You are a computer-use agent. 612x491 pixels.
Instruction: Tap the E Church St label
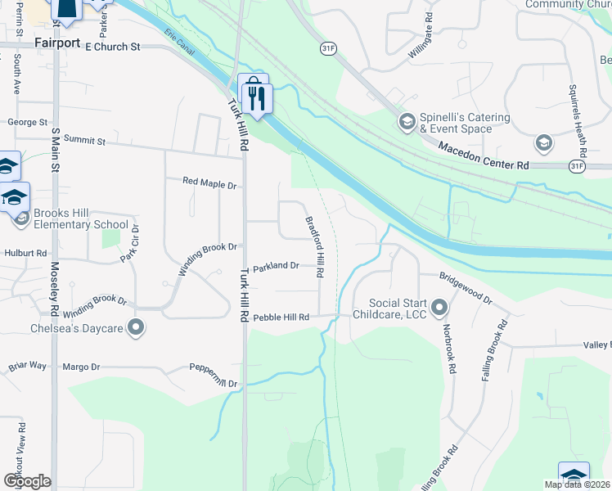tap(107, 47)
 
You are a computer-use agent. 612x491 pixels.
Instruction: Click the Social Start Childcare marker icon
tap(440, 309)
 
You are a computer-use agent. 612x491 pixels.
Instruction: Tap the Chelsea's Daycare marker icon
tap(136, 329)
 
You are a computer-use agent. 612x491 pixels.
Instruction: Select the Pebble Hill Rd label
tap(281, 318)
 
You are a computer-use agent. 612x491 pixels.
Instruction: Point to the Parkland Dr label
tap(276, 266)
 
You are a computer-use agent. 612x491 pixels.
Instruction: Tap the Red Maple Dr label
tap(209, 182)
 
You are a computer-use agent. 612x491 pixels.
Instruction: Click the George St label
tap(27, 122)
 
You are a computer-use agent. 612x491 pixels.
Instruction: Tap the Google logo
tap(26, 481)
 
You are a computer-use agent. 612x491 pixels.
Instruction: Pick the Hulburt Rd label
tap(25, 254)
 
